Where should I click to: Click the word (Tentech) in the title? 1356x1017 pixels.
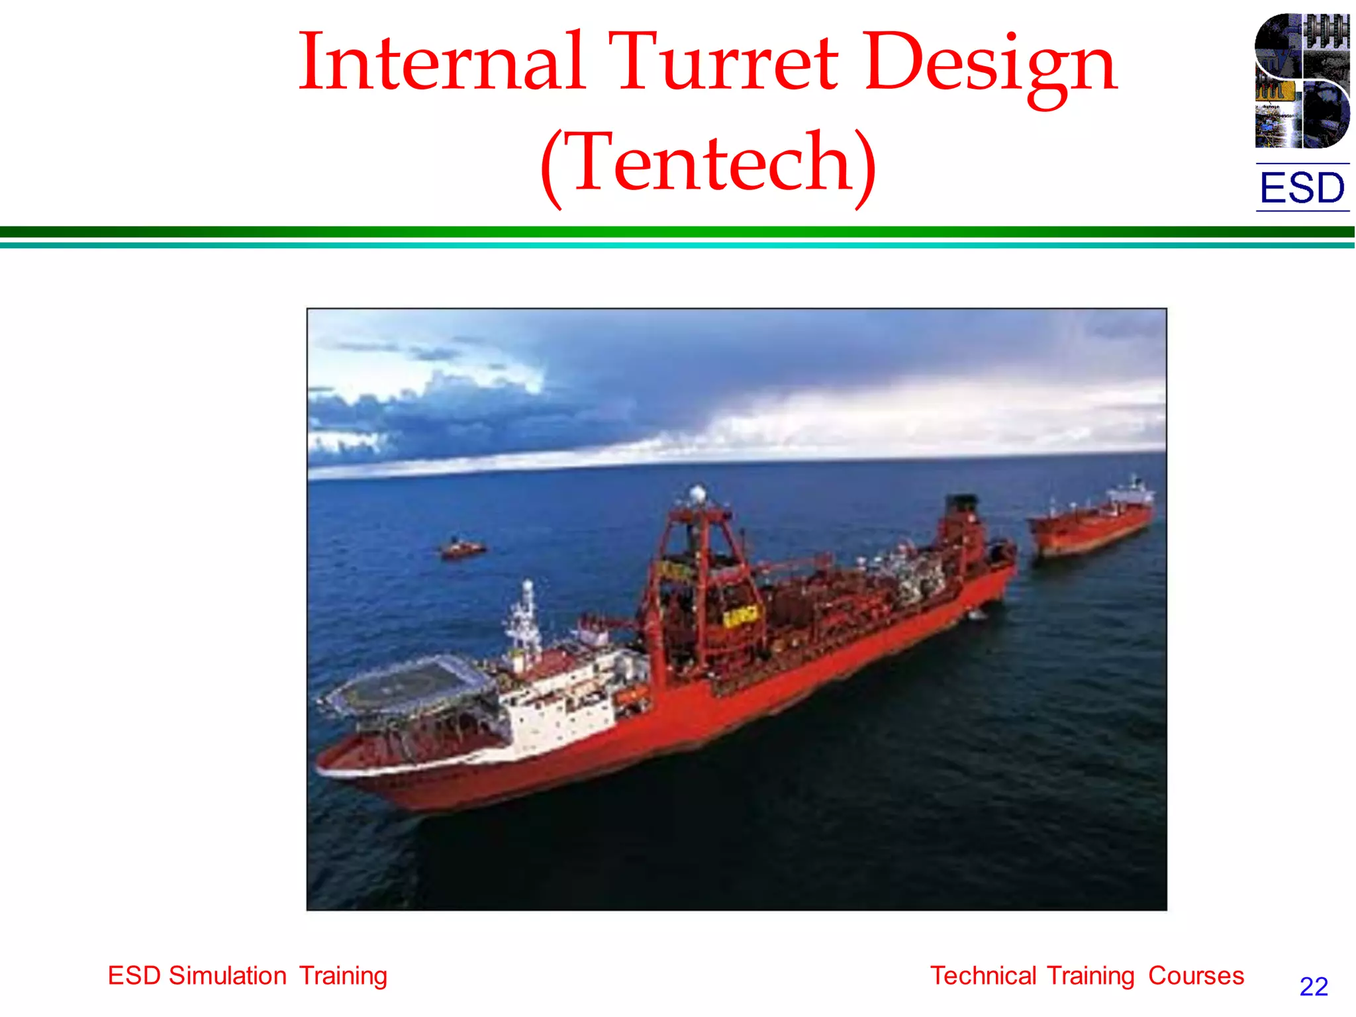click(708, 164)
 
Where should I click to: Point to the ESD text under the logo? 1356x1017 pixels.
click(1302, 188)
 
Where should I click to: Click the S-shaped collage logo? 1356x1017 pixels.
click(1302, 81)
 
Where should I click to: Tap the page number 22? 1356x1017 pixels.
click(1314, 987)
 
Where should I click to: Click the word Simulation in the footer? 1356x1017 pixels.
click(227, 976)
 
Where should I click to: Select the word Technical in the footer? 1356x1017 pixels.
click(983, 976)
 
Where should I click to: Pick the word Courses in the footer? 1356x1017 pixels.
click(1196, 976)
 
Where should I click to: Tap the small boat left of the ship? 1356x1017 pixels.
click(462, 548)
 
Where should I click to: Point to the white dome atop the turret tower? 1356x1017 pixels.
click(697, 493)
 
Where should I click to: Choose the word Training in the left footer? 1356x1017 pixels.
click(343, 976)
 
